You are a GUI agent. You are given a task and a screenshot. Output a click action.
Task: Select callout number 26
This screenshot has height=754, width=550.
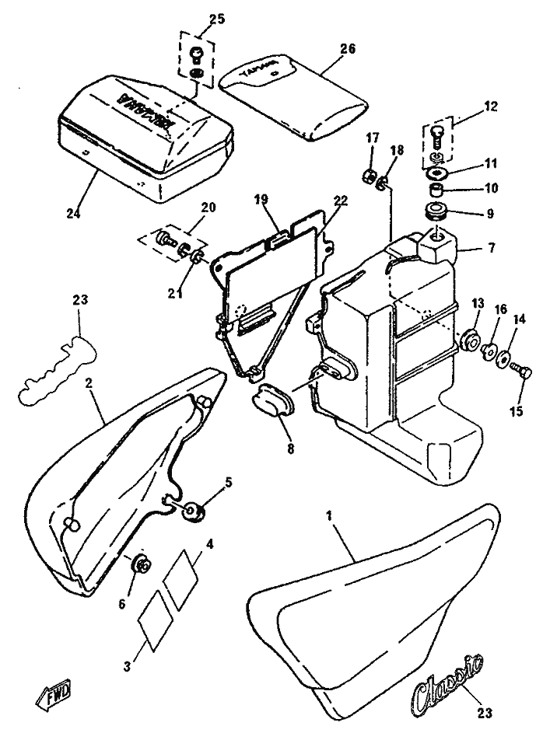pos(346,48)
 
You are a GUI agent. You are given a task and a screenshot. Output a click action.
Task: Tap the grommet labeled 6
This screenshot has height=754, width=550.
pos(142,564)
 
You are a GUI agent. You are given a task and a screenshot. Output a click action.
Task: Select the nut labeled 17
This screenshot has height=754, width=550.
pos(369,176)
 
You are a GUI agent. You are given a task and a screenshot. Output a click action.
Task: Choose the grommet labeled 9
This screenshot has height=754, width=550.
pos(436,211)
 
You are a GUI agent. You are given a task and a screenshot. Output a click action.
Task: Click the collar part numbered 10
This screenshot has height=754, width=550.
pos(437,190)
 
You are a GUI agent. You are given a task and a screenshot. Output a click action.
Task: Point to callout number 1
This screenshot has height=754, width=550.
pos(329,515)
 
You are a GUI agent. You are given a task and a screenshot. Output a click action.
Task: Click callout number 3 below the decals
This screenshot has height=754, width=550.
pos(127,665)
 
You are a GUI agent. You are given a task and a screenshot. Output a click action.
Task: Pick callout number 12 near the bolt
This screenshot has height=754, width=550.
pos(491,104)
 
